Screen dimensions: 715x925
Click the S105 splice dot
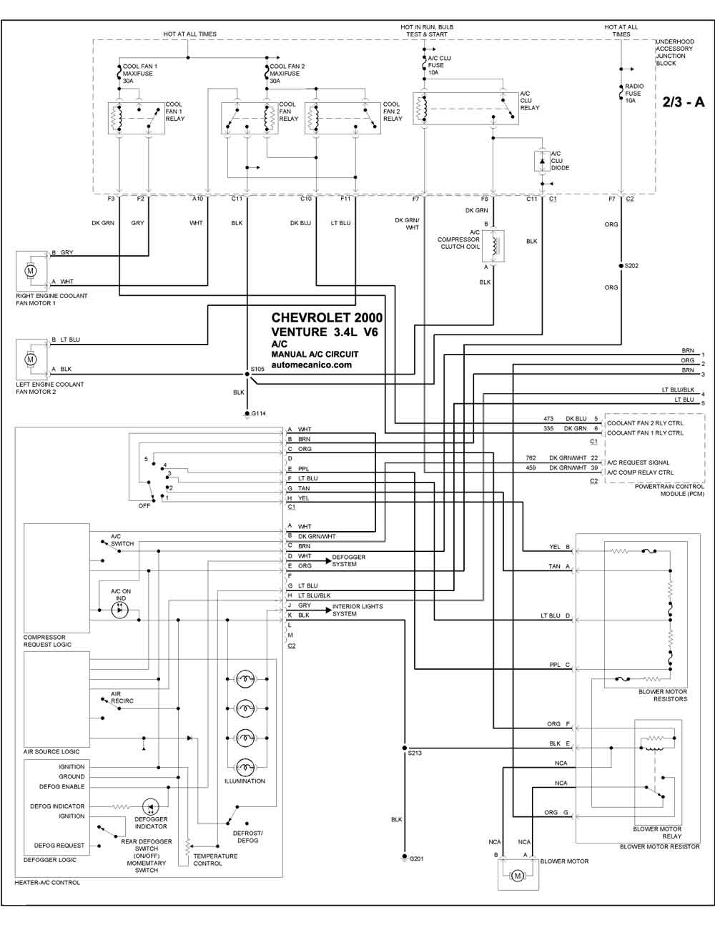[247, 374]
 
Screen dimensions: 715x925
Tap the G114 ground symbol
[247, 414]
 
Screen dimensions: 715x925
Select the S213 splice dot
[404, 748]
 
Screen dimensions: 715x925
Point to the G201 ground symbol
[404, 857]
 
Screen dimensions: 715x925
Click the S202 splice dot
[621, 266]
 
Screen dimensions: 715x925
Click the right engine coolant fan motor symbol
[30, 271]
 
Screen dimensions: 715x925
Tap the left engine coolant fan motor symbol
[30, 360]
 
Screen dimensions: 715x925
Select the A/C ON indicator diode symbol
[119, 610]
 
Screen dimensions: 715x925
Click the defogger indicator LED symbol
[150, 806]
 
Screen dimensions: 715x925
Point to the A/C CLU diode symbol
[542, 162]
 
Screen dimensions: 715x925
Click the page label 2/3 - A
[683, 102]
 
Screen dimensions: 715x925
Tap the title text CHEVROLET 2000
[327, 317]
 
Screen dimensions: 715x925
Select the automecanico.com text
[312, 365]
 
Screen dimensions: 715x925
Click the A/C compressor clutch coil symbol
[493, 246]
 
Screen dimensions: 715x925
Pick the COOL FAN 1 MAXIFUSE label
[140, 70]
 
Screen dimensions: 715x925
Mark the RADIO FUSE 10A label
[634, 93]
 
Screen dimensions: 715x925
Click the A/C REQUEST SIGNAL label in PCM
[638, 462]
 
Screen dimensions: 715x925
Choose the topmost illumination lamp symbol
[245, 678]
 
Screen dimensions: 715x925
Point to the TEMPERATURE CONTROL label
[215, 859]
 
